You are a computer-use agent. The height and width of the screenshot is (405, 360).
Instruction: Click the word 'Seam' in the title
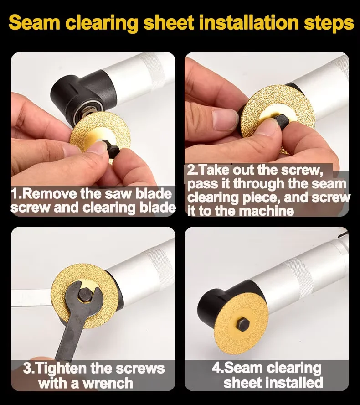coord(34,23)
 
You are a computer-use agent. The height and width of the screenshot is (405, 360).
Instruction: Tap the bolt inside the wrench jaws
coord(85,294)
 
